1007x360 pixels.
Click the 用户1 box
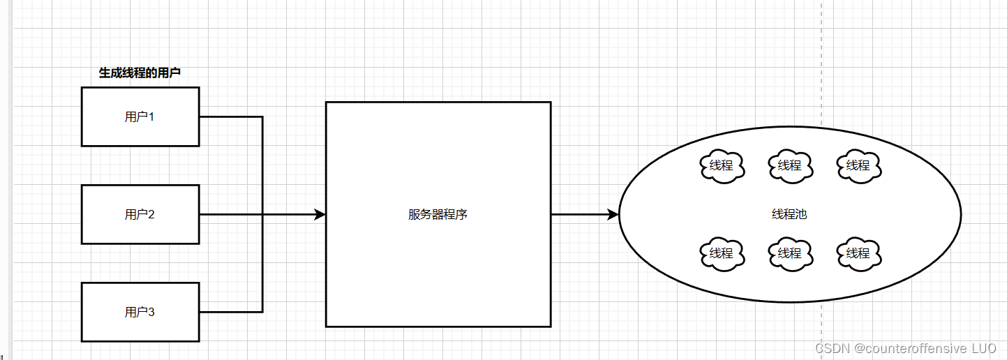tap(140, 117)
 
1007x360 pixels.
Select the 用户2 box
tap(140, 214)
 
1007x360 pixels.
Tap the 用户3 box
tap(140, 312)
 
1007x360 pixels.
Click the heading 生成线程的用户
tap(140, 73)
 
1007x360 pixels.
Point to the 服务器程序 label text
tap(438, 214)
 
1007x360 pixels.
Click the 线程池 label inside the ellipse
tap(789, 214)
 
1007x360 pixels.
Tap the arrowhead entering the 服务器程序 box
tap(320, 214)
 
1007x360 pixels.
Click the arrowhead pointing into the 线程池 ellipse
tap(613, 214)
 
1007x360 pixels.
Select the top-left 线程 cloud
tap(722, 165)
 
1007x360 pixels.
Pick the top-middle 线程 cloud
tap(790, 165)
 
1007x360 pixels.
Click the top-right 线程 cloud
tap(858, 165)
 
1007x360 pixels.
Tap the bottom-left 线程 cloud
tap(722, 253)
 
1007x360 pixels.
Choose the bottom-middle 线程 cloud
tap(790, 253)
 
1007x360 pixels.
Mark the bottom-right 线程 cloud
tap(858, 253)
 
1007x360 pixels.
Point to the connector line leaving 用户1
tap(230, 117)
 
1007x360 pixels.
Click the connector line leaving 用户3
tap(230, 312)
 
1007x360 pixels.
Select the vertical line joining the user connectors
tap(262, 167)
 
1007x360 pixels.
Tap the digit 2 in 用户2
tap(151, 214)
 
